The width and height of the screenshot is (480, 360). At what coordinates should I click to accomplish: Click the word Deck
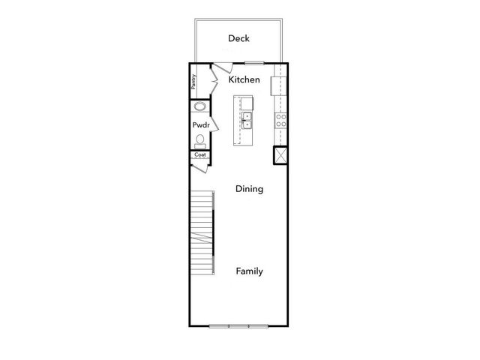click(238, 38)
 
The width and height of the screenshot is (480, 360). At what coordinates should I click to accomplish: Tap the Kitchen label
click(244, 79)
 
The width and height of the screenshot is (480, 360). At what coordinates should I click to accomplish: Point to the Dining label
click(249, 189)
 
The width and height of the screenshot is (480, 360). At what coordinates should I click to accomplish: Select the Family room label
click(249, 271)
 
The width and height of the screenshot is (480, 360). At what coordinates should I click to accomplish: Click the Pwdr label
click(199, 125)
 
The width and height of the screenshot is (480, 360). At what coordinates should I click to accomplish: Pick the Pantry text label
click(193, 81)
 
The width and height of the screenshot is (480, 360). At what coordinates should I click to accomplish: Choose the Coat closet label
click(199, 155)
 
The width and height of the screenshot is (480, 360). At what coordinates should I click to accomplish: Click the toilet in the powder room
click(200, 141)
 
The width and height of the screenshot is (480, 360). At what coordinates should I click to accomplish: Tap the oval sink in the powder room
click(199, 107)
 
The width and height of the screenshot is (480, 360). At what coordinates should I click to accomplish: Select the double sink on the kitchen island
click(246, 121)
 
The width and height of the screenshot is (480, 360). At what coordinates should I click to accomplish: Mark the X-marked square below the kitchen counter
click(280, 155)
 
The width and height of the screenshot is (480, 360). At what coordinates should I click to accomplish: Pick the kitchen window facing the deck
click(253, 63)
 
